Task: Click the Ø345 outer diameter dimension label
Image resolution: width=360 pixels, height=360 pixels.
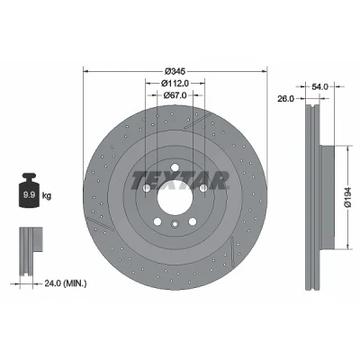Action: pos(175,71)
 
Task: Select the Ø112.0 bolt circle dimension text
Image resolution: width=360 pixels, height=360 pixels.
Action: pos(175,83)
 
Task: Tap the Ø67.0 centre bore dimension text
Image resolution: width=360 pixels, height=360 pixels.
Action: pos(175,95)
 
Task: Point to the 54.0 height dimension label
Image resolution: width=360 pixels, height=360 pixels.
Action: pos(320,86)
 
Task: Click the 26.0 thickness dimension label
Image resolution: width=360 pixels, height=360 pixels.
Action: pos(285,99)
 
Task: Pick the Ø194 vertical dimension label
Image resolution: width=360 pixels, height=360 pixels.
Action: pos(347,197)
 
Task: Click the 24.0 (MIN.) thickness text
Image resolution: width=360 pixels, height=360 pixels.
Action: pos(66,283)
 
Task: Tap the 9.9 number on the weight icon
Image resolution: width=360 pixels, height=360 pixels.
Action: pos(30,195)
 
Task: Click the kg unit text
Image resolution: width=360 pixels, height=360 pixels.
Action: pos(47,196)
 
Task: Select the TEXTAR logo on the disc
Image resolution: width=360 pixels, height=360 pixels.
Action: pos(179,180)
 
